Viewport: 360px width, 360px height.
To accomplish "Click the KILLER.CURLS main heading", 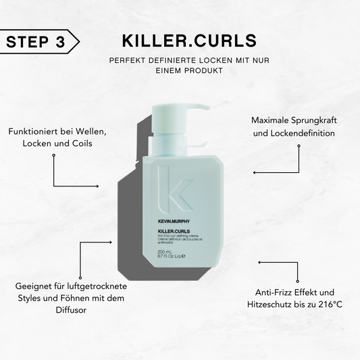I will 180,41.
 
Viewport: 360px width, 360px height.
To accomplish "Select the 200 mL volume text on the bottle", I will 165,252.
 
